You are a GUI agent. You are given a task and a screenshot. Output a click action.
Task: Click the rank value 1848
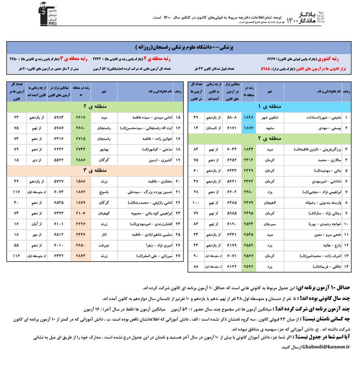pyautogui.click(x=249, y=117)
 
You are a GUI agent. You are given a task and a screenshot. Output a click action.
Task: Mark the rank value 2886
pyautogui.click(x=81, y=160)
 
